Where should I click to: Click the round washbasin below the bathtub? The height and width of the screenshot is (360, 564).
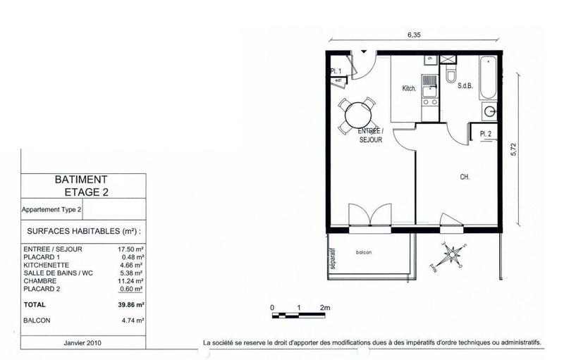coord(489,111)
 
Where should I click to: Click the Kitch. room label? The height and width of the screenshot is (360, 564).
coord(410,89)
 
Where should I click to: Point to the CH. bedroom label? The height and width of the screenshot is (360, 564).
coord(465,177)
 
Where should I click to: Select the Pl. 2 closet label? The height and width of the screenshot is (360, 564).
coord(485,134)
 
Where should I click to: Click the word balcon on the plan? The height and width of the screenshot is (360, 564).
coord(364,253)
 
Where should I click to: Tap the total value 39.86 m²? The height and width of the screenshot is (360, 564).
coord(130,305)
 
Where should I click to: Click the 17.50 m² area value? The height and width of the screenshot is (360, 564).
coord(130,249)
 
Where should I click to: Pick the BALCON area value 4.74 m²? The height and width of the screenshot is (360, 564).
coord(132,320)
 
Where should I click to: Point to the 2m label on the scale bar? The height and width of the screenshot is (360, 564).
coord(326,308)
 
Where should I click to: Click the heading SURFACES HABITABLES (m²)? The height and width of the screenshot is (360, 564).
coord(83,230)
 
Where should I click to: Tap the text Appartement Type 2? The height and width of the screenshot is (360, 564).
coord(52,209)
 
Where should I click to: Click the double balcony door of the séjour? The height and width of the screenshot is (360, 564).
coord(370,215)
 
